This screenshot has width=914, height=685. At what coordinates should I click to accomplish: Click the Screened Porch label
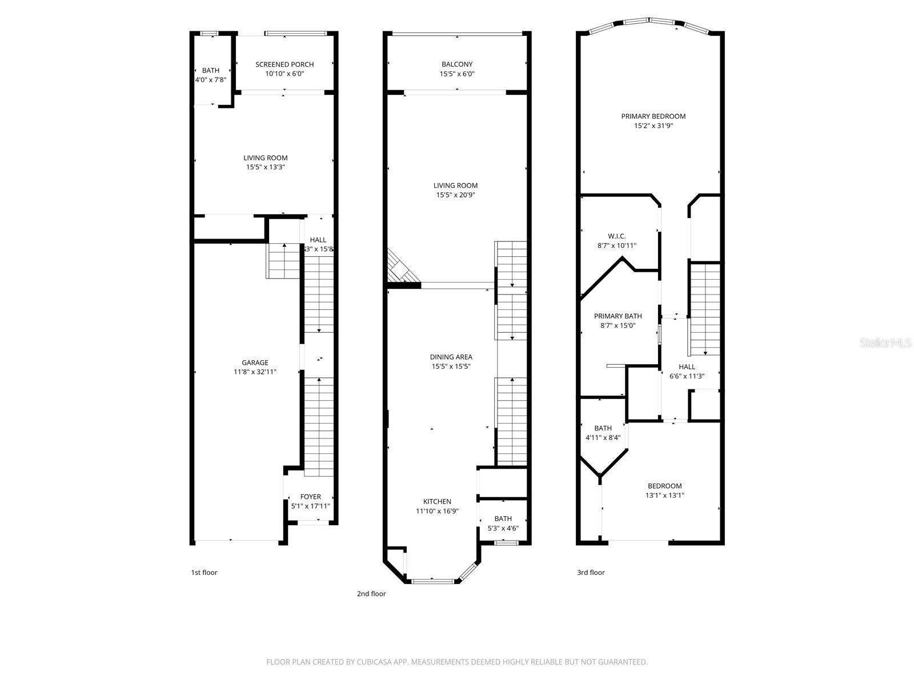pos(284,65)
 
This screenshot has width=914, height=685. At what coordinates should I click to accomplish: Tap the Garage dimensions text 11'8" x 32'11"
pos(255,372)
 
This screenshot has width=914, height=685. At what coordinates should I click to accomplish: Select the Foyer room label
pos(311,497)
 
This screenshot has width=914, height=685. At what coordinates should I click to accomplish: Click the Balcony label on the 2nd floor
pos(457,65)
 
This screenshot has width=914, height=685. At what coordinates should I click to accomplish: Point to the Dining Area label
pos(451,357)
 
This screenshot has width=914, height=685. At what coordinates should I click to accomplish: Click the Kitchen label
pos(437,502)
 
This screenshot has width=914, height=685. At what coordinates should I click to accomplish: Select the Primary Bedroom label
pos(654,116)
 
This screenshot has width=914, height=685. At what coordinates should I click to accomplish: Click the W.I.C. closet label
pos(617,236)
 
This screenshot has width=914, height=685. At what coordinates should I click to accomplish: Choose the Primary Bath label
pos(618,316)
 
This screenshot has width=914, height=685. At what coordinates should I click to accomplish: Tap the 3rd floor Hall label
pos(687,366)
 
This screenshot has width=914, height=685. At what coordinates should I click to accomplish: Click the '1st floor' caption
pos(204,573)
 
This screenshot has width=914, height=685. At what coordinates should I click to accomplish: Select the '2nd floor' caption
pos(371,594)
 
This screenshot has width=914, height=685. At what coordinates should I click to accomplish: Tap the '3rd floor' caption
pos(591,573)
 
